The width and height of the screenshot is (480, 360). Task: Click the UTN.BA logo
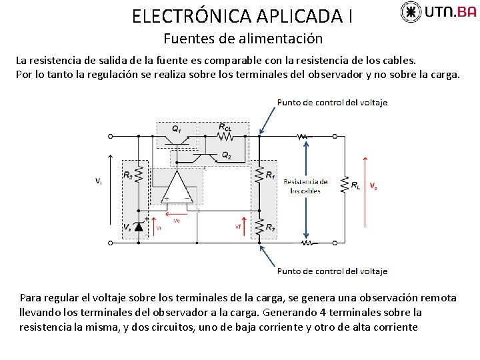pos(438,12)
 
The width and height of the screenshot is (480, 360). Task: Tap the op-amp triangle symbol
pos(177,187)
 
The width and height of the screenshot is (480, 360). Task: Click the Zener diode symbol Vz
pos(139,227)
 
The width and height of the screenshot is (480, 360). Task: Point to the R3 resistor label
pos(127,175)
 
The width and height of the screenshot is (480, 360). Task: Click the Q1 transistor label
pos(176,128)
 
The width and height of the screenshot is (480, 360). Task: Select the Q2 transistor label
pos(227,155)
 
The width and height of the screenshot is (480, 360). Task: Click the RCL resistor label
pos(225,127)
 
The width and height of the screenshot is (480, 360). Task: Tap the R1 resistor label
pos(270,175)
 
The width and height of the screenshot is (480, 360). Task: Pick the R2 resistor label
pos(270,228)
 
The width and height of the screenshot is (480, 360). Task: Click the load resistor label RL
pos(356,185)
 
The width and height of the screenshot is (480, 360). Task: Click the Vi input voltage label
pos(98,181)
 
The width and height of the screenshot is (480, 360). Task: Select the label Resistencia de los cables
pos(305,186)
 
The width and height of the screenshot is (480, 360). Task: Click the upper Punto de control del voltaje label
pos(332,103)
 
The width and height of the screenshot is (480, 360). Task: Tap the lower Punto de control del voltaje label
pos(332,271)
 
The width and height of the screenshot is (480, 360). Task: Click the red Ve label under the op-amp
pos(176,220)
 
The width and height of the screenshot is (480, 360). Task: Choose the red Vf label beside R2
pos(238,227)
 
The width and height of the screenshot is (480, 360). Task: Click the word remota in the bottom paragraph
pos(435,298)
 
